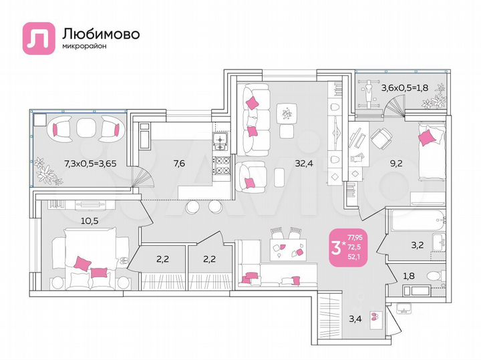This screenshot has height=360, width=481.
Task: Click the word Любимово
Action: tap(100, 33)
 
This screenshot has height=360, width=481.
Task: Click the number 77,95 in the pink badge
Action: tap(356, 236)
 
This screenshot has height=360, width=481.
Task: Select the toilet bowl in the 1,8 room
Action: tap(433, 275)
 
